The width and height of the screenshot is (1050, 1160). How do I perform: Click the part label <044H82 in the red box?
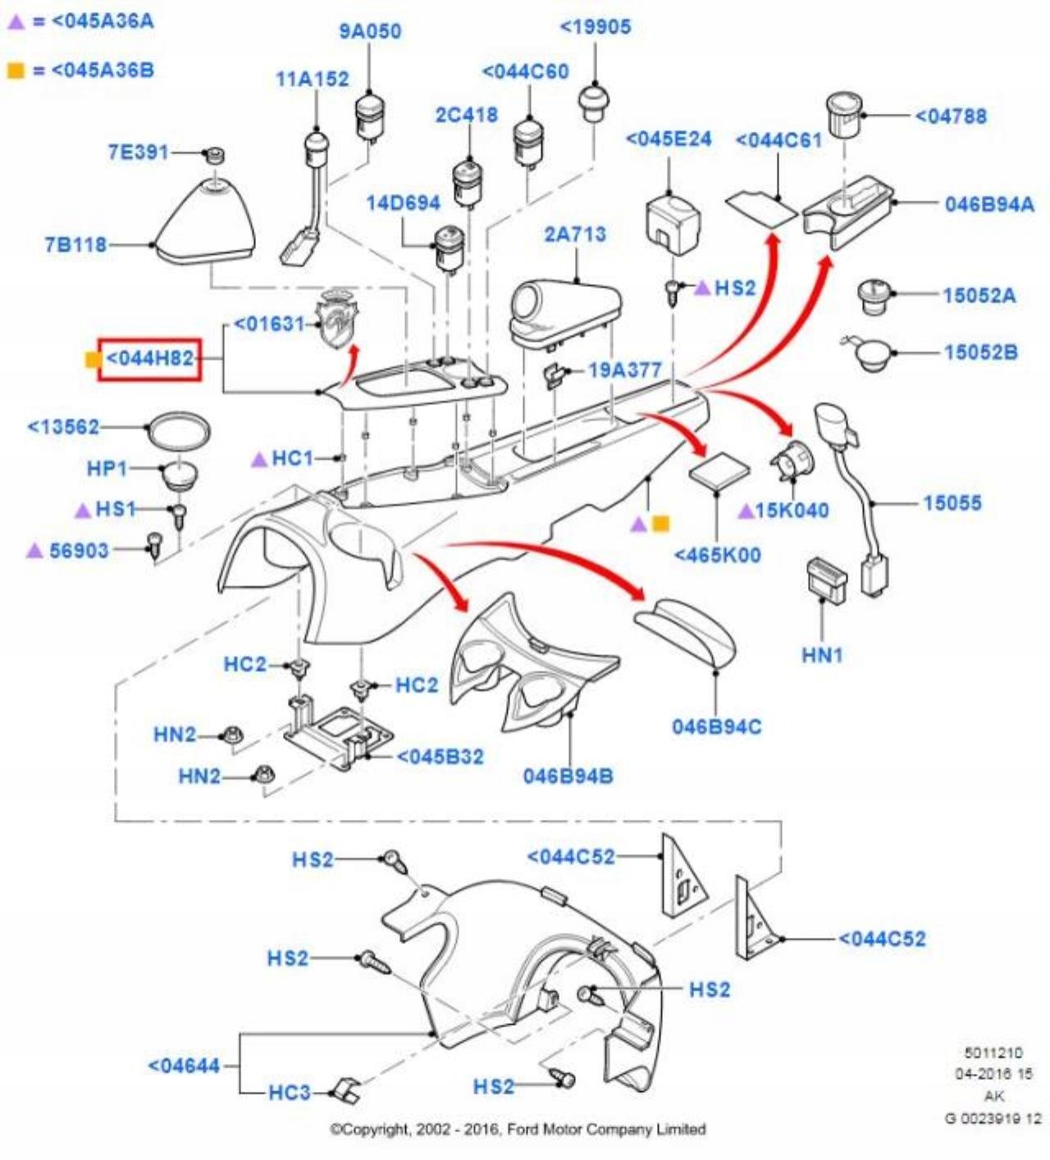[149, 359]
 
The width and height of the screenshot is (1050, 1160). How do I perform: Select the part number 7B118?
[75, 244]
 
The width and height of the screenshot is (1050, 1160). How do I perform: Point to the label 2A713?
[575, 234]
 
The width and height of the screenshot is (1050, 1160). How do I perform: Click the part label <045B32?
[441, 757]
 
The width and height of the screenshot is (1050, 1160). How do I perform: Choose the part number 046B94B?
[568, 776]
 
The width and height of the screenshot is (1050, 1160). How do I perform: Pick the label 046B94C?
[716, 727]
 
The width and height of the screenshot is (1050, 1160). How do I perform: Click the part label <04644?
[184, 1067]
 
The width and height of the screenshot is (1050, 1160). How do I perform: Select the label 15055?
[952, 503]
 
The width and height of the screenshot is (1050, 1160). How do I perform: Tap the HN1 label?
[822, 655]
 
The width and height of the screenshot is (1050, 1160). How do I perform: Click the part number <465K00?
[717, 555]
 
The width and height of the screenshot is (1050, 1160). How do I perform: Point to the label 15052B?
[980, 353]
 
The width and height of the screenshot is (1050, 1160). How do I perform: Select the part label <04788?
[951, 116]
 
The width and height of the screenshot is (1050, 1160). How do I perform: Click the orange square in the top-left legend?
[16, 71]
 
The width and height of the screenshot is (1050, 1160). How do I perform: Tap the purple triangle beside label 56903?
[34, 550]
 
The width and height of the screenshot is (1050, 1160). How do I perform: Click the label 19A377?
[624, 371]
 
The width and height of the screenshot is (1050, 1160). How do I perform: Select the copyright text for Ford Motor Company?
[518, 1130]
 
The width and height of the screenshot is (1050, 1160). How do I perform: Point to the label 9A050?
[370, 31]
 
